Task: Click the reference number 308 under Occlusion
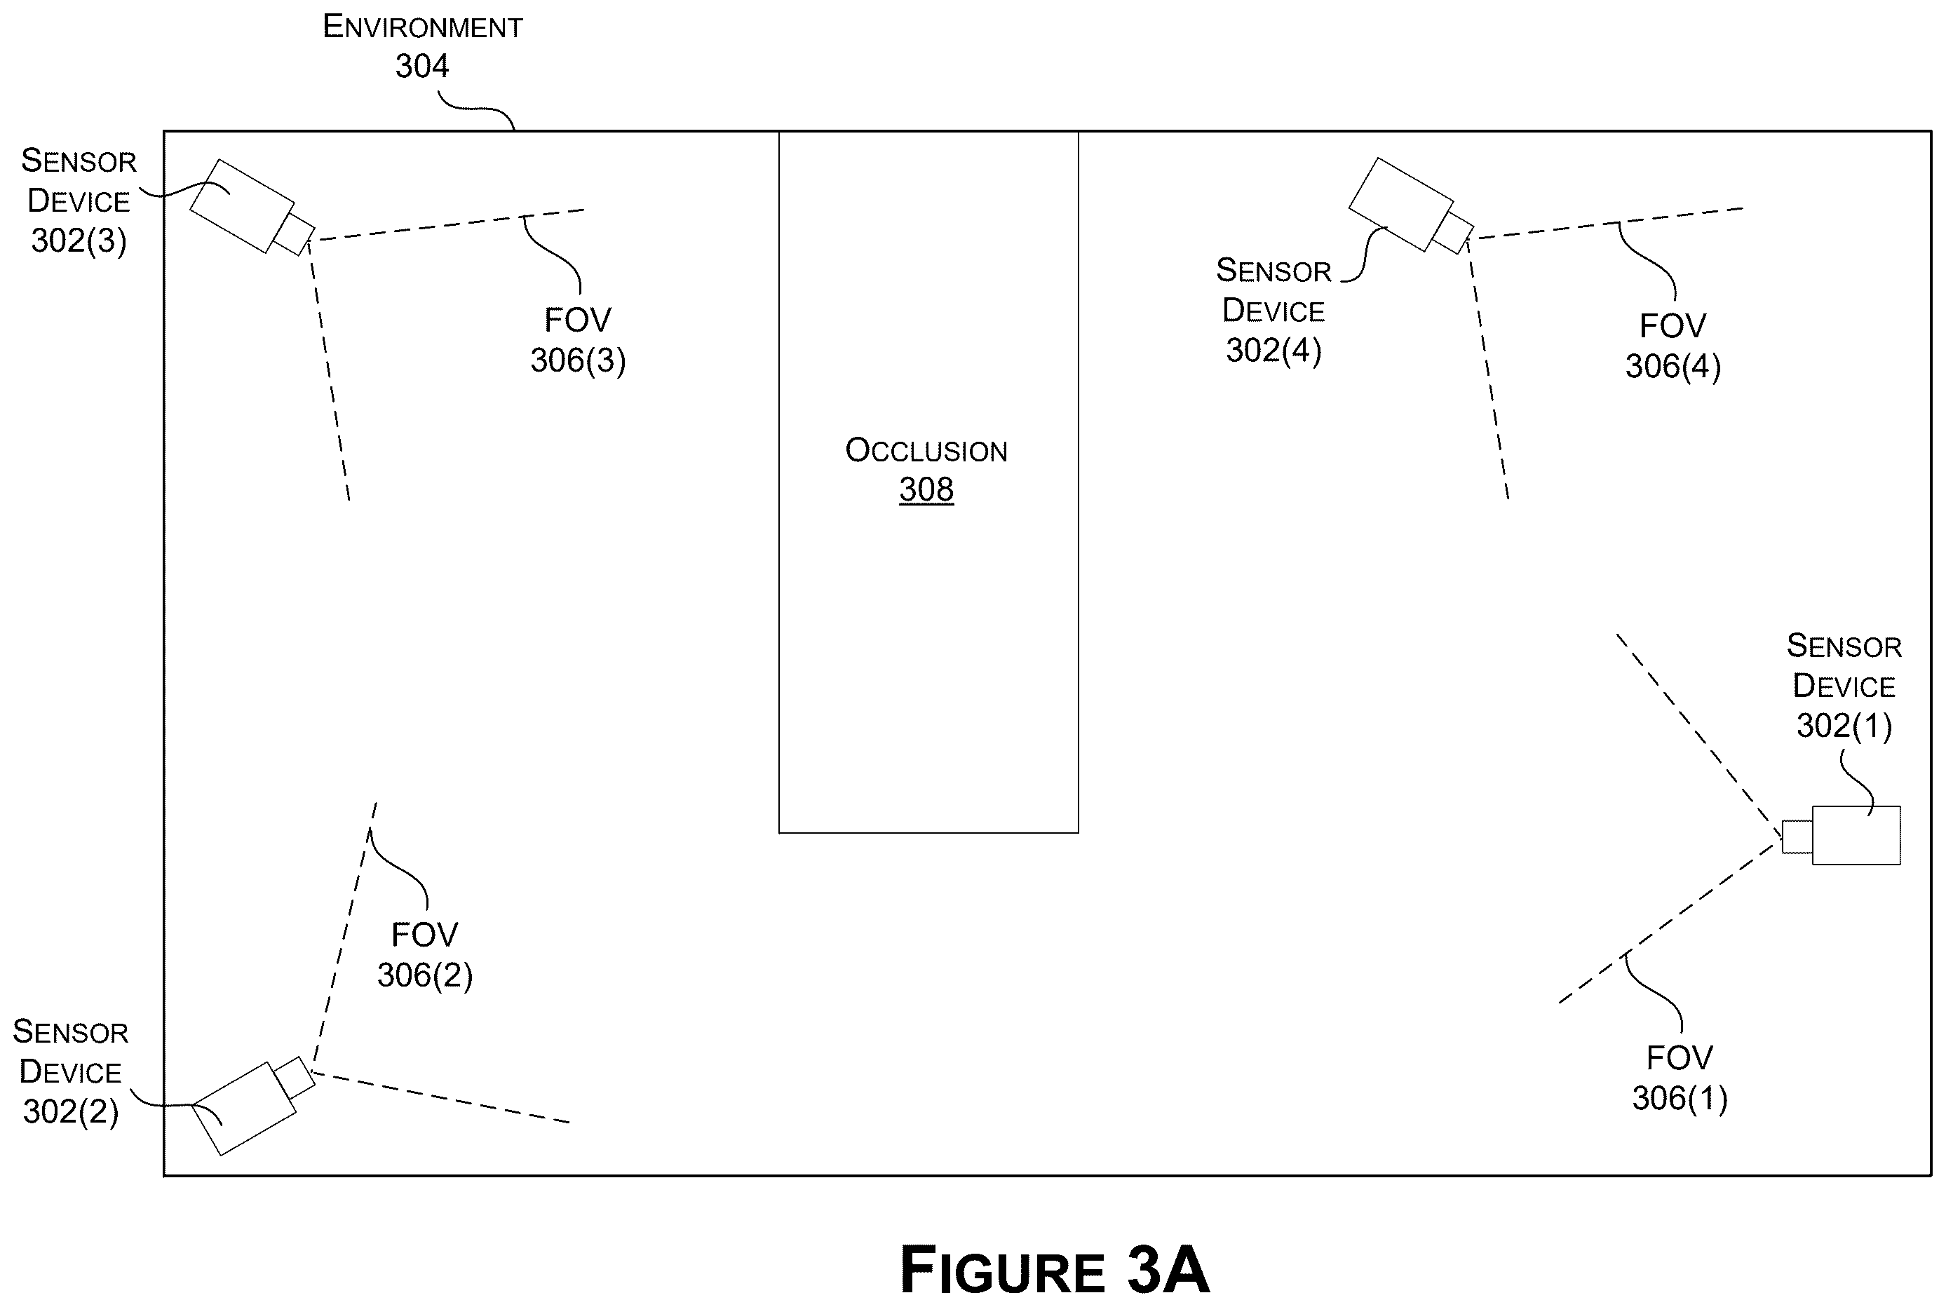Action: (926, 489)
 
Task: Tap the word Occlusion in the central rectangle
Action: (926, 450)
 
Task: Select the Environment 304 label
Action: (423, 47)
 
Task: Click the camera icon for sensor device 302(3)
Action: (252, 207)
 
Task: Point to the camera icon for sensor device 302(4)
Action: (1411, 205)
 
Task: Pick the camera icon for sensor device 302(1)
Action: (1841, 836)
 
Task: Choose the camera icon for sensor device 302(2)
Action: (252, 1106)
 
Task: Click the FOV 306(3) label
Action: (579, 340)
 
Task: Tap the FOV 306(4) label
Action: (1673, 346)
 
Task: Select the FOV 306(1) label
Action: (1680, 1078)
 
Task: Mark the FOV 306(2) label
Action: (425, 954)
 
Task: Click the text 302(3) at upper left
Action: (79, 241)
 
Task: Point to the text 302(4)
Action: (1273, 350)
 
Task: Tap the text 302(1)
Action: (1844, 725)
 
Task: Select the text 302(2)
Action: (71, 1111)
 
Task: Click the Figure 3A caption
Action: (1054, 1270)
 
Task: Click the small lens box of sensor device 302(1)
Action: (1797, 837)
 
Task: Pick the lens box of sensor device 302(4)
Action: (1452, 233)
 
